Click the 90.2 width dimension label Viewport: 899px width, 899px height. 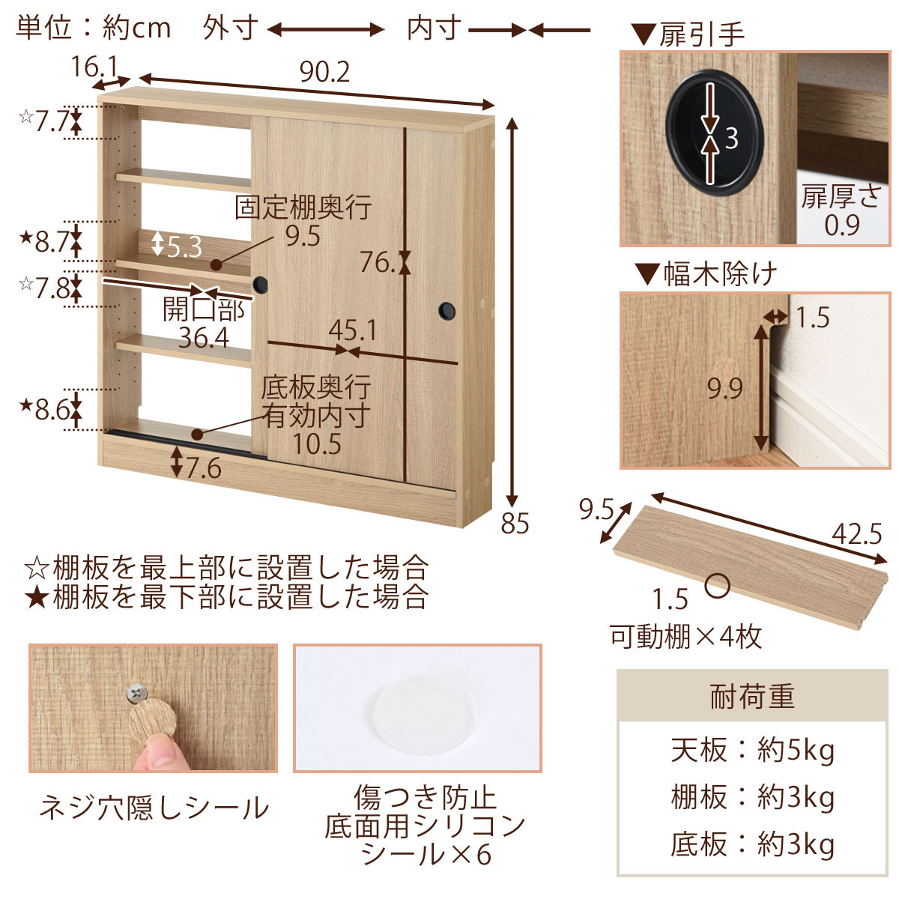[324, 73]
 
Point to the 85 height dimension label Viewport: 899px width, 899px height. [515, 524]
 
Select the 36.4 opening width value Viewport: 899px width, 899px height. [204, 338]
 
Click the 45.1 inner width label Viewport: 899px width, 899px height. [352, 331]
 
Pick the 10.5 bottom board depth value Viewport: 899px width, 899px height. [317, 444]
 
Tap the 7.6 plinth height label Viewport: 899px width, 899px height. [204, 468]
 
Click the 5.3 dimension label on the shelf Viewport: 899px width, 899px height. [184, 247]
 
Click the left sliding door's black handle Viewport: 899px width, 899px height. [260, 285]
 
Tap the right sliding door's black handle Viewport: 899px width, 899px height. [447, 311]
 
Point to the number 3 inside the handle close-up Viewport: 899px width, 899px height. [731, 138]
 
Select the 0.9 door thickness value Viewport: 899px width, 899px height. [841, 225]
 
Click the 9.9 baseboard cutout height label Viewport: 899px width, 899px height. [724, 389]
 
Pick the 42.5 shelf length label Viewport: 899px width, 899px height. [856, 534]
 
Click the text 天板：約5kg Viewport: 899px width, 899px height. [752, 750]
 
